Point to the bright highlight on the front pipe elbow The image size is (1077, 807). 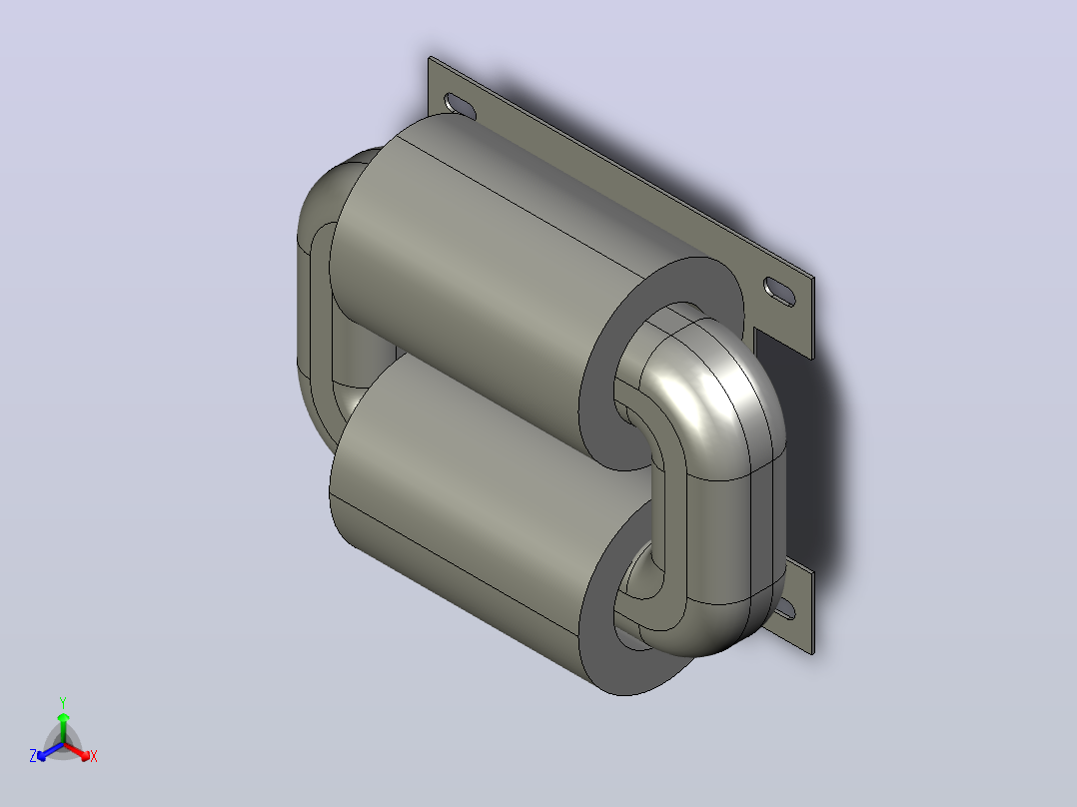click(693, 399)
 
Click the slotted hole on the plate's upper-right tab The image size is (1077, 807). click(779, 291)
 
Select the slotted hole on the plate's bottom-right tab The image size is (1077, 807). click(784, 609)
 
